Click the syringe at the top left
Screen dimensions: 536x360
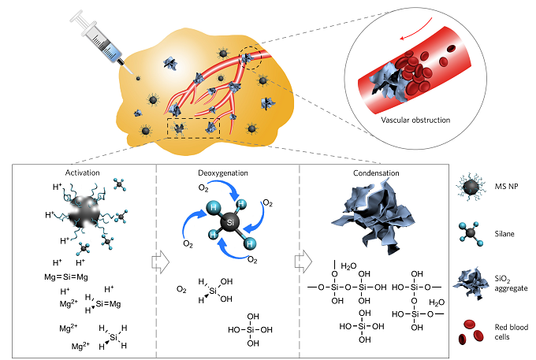coord(101,43)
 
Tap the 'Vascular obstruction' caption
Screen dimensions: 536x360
coord(415,120)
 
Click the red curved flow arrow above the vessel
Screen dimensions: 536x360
coord(416,28)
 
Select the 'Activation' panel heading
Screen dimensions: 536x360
coord(83,173)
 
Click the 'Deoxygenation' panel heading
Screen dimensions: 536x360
coord(223,173)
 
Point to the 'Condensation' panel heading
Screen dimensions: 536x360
coord(376,173)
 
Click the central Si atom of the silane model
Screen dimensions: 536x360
coord(230,222)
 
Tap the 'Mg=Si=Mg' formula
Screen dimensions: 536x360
coord(66,276)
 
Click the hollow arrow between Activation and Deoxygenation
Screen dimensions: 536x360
coord(160,262)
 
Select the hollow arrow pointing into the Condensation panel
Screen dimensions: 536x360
coord(303,262)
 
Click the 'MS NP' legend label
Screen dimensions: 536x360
coord(506,187)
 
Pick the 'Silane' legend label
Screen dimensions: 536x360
coord(504,234)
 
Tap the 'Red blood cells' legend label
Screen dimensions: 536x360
coord(511,332)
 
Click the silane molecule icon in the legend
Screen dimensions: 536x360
coord(471,234)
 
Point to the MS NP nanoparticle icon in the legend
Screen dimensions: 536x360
coord(471,187)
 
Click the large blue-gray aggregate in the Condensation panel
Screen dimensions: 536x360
coord(374,216)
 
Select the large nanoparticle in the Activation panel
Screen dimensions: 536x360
coord(84,212)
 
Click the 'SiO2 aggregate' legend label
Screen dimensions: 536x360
coord(511,284)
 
